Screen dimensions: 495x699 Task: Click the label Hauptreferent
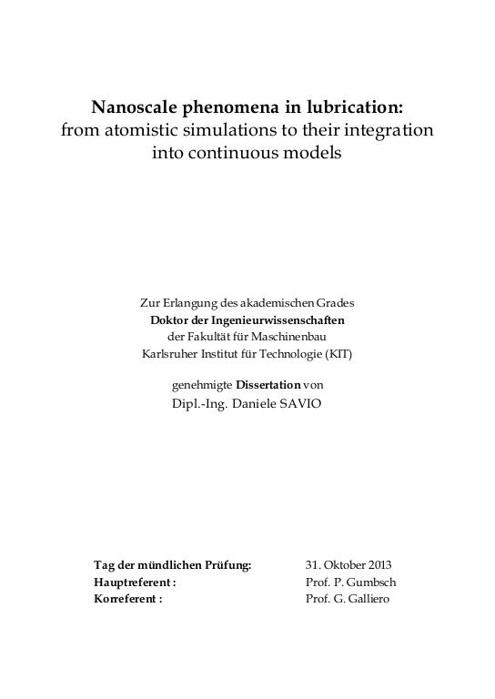tap(133, 582)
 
